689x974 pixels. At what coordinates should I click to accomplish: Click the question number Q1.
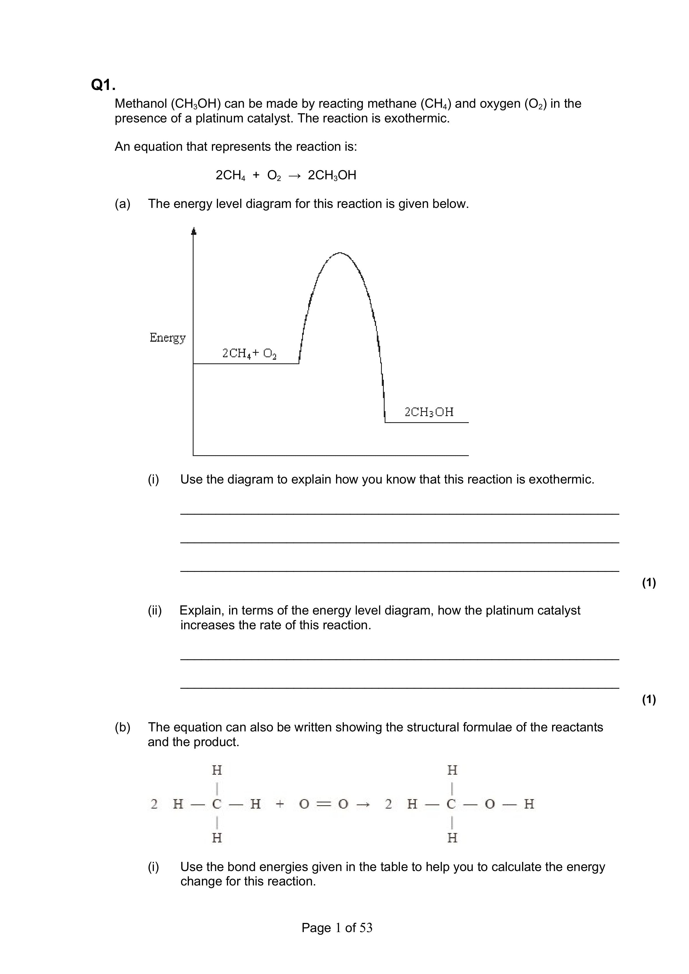point(103,85)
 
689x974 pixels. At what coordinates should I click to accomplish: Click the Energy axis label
point(168,338)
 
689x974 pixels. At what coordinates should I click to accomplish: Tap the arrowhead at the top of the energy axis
point(194,231)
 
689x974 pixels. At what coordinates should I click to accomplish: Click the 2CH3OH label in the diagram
point(429,412)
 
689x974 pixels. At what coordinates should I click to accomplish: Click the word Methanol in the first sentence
point(141,104)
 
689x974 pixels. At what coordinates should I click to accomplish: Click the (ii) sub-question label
point(154,610)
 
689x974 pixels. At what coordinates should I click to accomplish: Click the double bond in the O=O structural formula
point(324,804)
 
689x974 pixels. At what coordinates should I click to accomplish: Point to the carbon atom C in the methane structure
point(217,804)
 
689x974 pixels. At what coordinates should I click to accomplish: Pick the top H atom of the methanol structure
point(452,770)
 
